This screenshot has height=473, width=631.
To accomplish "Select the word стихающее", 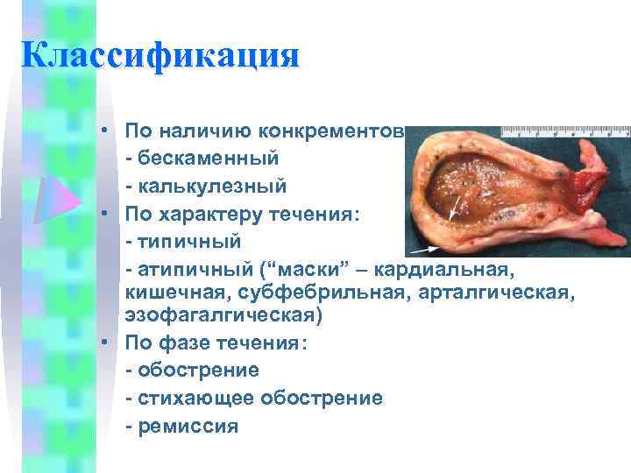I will click(188, 398).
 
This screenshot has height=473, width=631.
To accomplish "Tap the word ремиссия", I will click(188, 426).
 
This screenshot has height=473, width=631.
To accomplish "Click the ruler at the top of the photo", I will click(564, 131).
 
